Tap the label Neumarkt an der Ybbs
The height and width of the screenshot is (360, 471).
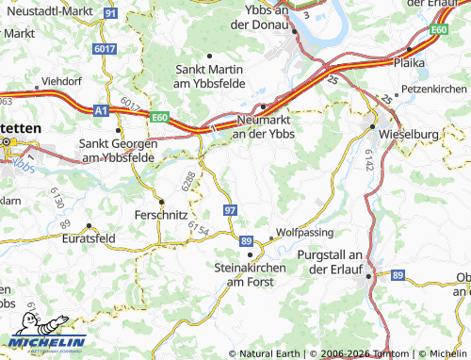263,128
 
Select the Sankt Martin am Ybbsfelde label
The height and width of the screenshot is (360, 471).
211,76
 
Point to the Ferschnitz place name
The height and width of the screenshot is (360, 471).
162,215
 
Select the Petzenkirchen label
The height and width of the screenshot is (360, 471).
433,89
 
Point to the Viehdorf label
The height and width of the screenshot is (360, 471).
64,82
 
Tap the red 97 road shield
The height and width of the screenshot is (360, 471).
230,208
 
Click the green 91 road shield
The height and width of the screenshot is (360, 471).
111,14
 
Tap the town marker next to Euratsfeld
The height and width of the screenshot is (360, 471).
89,227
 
